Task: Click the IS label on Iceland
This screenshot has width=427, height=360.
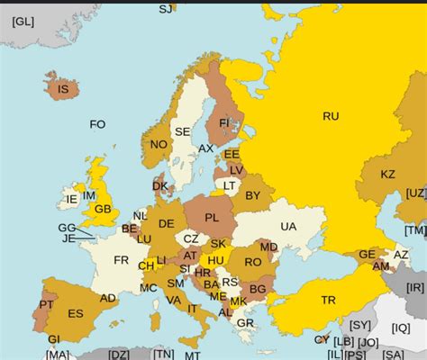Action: tap(63, 89)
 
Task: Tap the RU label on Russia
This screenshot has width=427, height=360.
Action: tap(331, 115)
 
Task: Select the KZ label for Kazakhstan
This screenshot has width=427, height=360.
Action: tap(388, 174)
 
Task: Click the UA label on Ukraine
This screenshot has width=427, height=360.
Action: tap(288, 227)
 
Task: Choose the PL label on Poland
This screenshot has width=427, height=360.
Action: tap(212, 217)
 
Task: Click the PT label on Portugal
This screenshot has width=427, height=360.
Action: tap(46, 304)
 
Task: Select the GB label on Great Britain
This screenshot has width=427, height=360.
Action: tap(104, 209)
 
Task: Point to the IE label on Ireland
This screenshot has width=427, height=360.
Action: tap(71, 199)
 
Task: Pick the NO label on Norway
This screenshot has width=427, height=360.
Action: tap(159, 144)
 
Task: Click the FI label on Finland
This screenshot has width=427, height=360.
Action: tap(224, 121)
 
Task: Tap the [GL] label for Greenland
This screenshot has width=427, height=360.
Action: tap(23, 21)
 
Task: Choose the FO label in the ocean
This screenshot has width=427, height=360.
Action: tap(97, 124)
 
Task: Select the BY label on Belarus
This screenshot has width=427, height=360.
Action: tap(253, 194)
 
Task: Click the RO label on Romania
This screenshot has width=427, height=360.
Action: tap(252, 262)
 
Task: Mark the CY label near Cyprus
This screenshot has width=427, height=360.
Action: tap(322, 339)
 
